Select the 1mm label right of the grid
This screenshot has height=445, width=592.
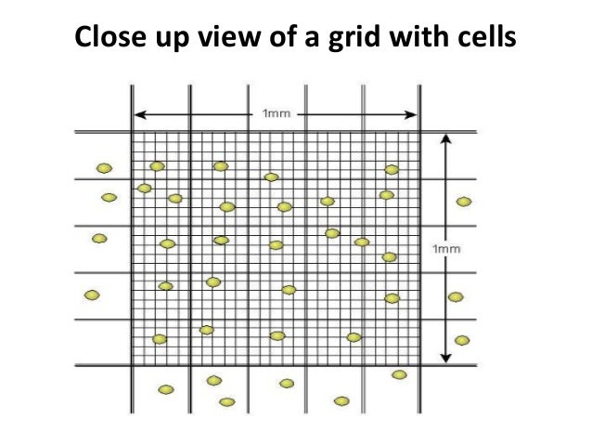point(446,248)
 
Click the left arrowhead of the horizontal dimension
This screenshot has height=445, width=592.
point(138,115)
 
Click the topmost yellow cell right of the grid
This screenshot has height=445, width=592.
point(464,201)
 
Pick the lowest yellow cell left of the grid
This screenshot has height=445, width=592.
point(91,295)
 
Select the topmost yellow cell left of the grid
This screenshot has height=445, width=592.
point(104,168)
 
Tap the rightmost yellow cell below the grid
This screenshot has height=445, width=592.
point(399,374)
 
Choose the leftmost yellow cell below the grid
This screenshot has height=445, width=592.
point(165,389)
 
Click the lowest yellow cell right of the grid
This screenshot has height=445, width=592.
point(462,340)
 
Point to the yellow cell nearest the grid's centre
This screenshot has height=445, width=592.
point(276,245)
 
